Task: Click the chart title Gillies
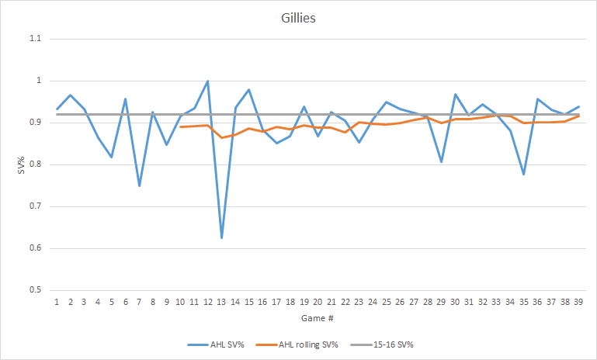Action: (299, 17)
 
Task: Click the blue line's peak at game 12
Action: (207, 81)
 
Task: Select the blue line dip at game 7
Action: (139, 186)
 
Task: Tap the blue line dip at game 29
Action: (442, 162)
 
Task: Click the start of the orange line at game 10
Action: (180, 126)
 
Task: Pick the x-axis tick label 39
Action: (579, 301)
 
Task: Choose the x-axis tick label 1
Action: (57, 301)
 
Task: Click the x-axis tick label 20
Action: (318, 301)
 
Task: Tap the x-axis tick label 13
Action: (221, 301)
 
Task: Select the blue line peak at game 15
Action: (248, 89)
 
